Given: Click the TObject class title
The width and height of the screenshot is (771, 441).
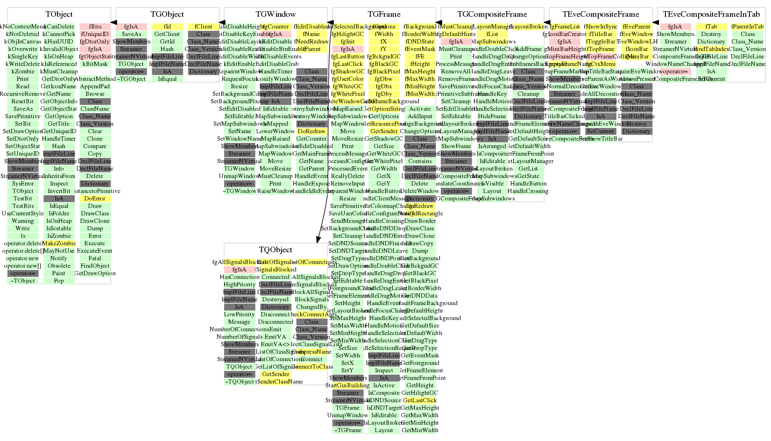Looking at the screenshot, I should tap(59, 14).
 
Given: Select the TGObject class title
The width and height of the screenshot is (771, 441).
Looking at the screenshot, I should tap(167, 14).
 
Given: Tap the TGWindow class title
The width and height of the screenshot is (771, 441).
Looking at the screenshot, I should tap(276, 14).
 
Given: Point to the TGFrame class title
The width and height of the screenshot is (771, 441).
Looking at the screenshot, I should tap(384, 14).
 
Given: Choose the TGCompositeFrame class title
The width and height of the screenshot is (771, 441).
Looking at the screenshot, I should tap(492, 14).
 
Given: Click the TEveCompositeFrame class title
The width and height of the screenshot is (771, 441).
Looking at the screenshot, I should tap(601, 14).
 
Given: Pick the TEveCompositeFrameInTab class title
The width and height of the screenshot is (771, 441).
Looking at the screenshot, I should tap(711, 14).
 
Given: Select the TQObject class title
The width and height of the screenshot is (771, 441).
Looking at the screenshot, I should tap(276, 250).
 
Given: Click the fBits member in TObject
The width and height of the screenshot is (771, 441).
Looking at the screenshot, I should tap(95, 27).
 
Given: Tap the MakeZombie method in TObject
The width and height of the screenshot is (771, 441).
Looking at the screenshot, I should tap(59, 243).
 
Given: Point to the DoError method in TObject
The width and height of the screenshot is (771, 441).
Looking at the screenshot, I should tap(95, 199).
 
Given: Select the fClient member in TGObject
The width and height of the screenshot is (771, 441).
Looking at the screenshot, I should tap(204, 27).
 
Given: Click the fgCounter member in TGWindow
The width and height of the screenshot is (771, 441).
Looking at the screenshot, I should tap(276, 27).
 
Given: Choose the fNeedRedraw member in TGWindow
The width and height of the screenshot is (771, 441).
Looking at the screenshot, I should tap(311, 42).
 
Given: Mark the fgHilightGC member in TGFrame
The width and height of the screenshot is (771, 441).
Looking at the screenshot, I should tap(347, 34).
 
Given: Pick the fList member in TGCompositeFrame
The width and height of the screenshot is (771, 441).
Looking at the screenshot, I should tap(492, 34).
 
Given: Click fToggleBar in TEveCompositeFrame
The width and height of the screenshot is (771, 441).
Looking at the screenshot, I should tap(601, 42).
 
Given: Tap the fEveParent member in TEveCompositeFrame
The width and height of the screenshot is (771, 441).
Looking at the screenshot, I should tap(637, 27).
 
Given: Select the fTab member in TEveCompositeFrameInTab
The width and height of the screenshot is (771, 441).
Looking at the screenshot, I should tap(711, 27).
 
